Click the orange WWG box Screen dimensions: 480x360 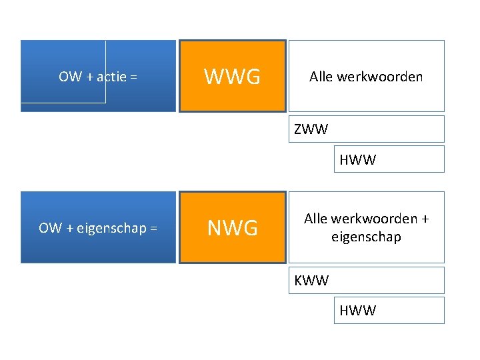232,77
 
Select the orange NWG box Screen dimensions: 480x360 232,228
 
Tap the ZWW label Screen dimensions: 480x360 311,129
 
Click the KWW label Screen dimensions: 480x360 311,281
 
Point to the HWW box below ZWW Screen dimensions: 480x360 389,160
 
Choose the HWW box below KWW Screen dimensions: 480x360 389,311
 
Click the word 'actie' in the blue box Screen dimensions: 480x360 112,77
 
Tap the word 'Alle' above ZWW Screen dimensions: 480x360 321,77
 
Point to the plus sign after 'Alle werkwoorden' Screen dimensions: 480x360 424,219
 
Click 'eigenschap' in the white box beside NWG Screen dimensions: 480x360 366,237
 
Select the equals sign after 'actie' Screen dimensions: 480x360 133,77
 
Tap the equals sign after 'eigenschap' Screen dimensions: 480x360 153,228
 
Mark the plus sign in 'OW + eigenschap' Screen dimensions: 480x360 70,228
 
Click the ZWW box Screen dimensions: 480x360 366,129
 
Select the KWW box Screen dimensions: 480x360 366,281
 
